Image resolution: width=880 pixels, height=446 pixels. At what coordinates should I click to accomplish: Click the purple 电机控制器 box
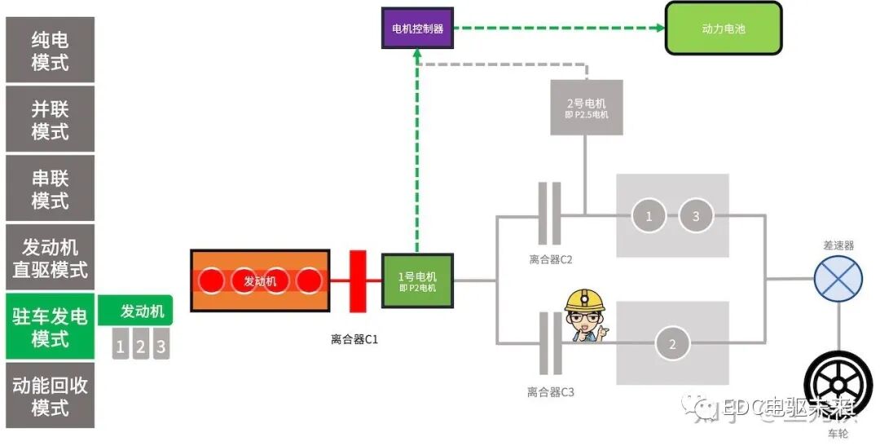pos(417,28)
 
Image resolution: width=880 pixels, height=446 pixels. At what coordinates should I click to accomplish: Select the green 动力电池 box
pos(724,29)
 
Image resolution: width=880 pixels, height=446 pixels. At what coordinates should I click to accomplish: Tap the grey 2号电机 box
pos(586,108)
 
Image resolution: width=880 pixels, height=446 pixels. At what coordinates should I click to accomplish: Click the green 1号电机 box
pos(416,281)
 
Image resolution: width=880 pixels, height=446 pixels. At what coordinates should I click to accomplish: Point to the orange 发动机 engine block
pos(260,280)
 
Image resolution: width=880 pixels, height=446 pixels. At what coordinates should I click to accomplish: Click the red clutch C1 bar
pos(357,281)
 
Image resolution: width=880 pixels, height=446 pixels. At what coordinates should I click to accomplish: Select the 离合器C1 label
pos(354,339)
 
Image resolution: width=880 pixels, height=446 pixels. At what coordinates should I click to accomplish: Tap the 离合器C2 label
pos(551,260)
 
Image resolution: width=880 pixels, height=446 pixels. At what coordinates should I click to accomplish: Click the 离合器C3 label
pos(551,392)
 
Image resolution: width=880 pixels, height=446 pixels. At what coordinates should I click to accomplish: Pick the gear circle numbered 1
pos(649,216)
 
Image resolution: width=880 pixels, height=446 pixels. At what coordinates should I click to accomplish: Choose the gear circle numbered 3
pos(695,216)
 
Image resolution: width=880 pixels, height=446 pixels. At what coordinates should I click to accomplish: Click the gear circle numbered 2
pos(672,345)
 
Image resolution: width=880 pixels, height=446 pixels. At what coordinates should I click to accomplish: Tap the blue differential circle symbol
pos(838,278)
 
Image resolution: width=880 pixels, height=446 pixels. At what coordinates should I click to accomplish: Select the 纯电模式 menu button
pos(50,51)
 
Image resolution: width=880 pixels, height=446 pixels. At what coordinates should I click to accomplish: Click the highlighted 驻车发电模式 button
pos(50,327)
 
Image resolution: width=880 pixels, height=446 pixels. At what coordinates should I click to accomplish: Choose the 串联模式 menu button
pos(50,189)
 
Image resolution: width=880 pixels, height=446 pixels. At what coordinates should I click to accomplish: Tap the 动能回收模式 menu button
pos(50,395)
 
